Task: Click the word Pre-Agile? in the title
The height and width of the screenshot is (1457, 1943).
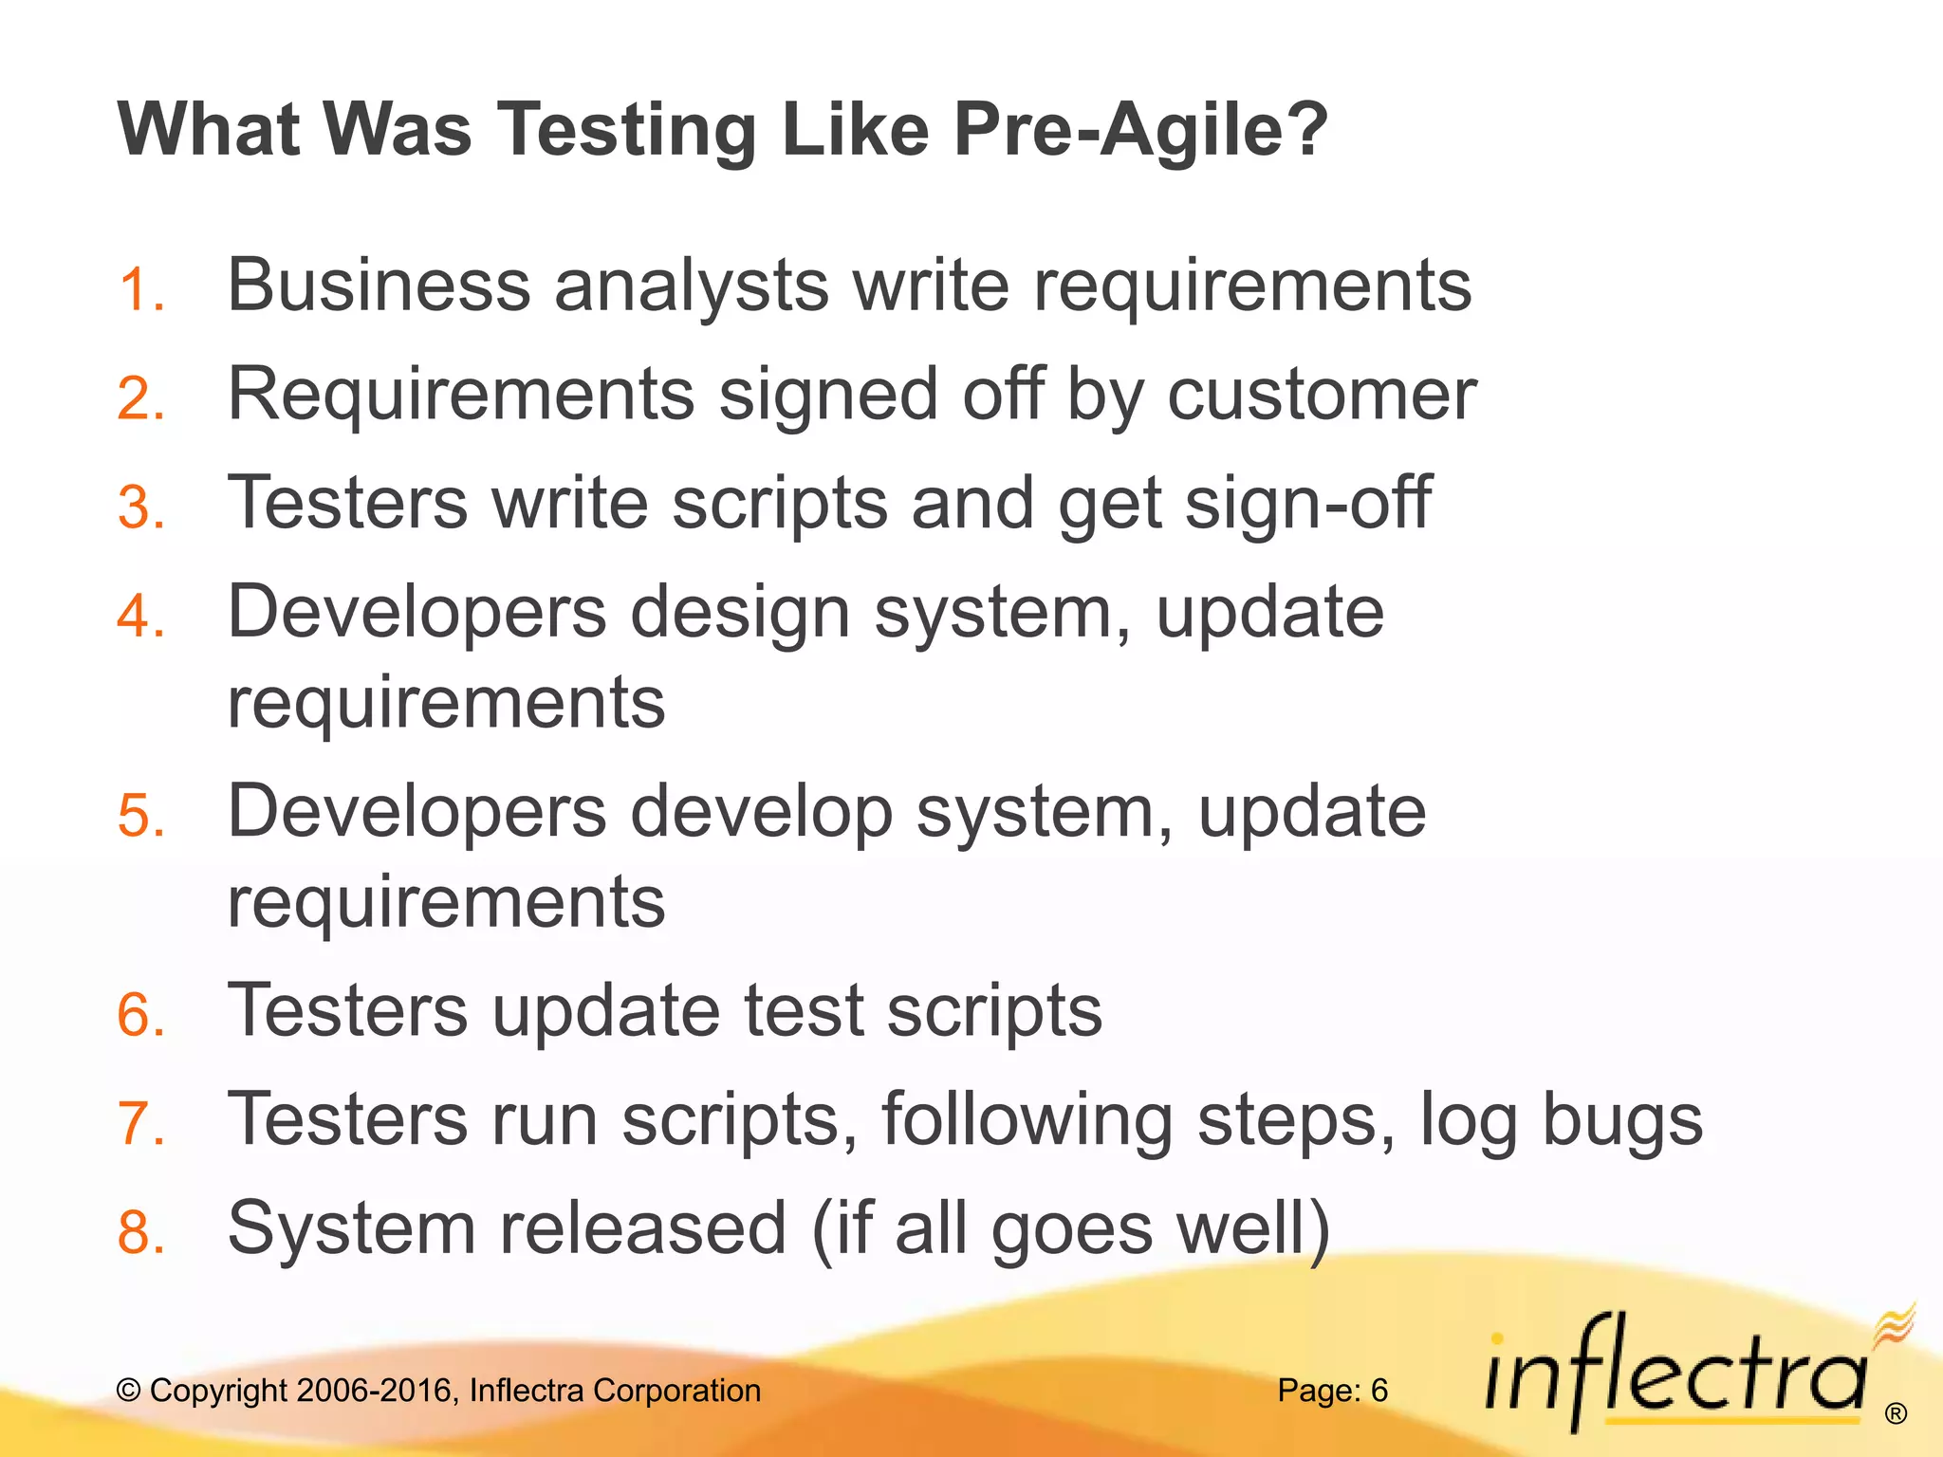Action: (x=1140, y=130)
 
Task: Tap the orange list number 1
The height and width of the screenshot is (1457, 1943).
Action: (x=139, y=289)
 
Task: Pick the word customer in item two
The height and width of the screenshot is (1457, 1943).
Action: (x=1322, y=394)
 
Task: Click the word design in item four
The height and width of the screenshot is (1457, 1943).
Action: (x=740, y=613)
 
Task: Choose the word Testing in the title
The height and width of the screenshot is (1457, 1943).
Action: (x=627, y=130)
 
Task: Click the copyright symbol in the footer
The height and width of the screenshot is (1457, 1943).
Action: (x=129, y=1391)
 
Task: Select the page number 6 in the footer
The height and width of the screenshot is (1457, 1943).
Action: (x=1379, y=1391)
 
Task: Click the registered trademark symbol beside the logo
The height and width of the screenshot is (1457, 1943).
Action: (x=1896, y=1414)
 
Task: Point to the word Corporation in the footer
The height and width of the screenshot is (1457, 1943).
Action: (x=676, y=1391)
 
